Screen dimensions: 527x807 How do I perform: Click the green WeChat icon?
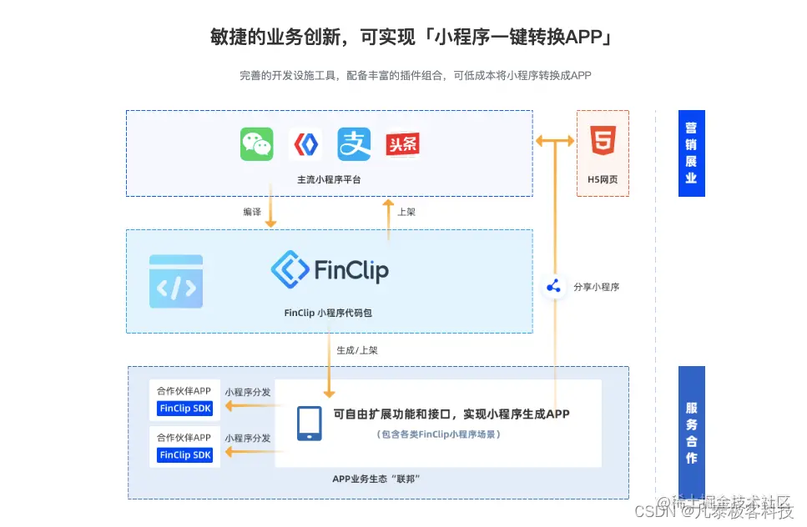coord(257,144)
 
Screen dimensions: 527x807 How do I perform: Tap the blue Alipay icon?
coord(354,144)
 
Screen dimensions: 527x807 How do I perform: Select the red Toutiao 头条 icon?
coord(402,145)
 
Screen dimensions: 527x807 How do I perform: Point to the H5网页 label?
coord(603,179)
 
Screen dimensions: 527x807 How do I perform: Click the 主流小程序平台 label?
coord(329,179)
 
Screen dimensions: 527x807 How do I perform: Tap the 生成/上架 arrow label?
coord(356,350)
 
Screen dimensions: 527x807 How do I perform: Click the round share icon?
coord(553,287)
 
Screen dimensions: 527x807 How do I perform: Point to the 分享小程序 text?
coord(597,288)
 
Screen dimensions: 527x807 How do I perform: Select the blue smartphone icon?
coord(310,423)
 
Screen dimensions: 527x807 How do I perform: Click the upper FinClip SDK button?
coord(185,409)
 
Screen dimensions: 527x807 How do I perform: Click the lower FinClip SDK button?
coord(185,455)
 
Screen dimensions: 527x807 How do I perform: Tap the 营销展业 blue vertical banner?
coord(691,153)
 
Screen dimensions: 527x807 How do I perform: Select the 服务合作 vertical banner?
coord(691,432)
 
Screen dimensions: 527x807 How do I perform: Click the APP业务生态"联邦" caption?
coord(376,479)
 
